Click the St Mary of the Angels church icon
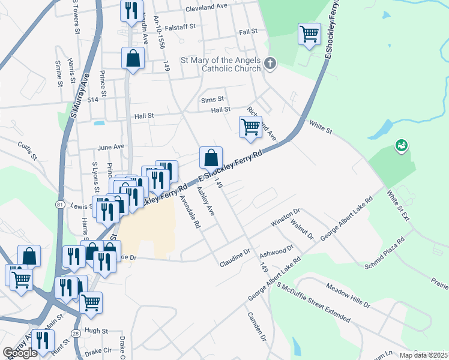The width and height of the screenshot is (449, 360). (270, 63)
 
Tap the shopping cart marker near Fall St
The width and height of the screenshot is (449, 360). (309, 34)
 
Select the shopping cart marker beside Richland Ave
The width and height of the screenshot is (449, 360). (250, 127)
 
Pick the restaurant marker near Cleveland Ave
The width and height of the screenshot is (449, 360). (131, 10)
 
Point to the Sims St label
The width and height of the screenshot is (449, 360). (212, 99)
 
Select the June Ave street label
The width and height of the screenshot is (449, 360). (110, 146)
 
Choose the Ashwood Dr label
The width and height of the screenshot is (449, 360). (276, 251)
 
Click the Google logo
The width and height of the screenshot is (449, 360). (20, 353)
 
